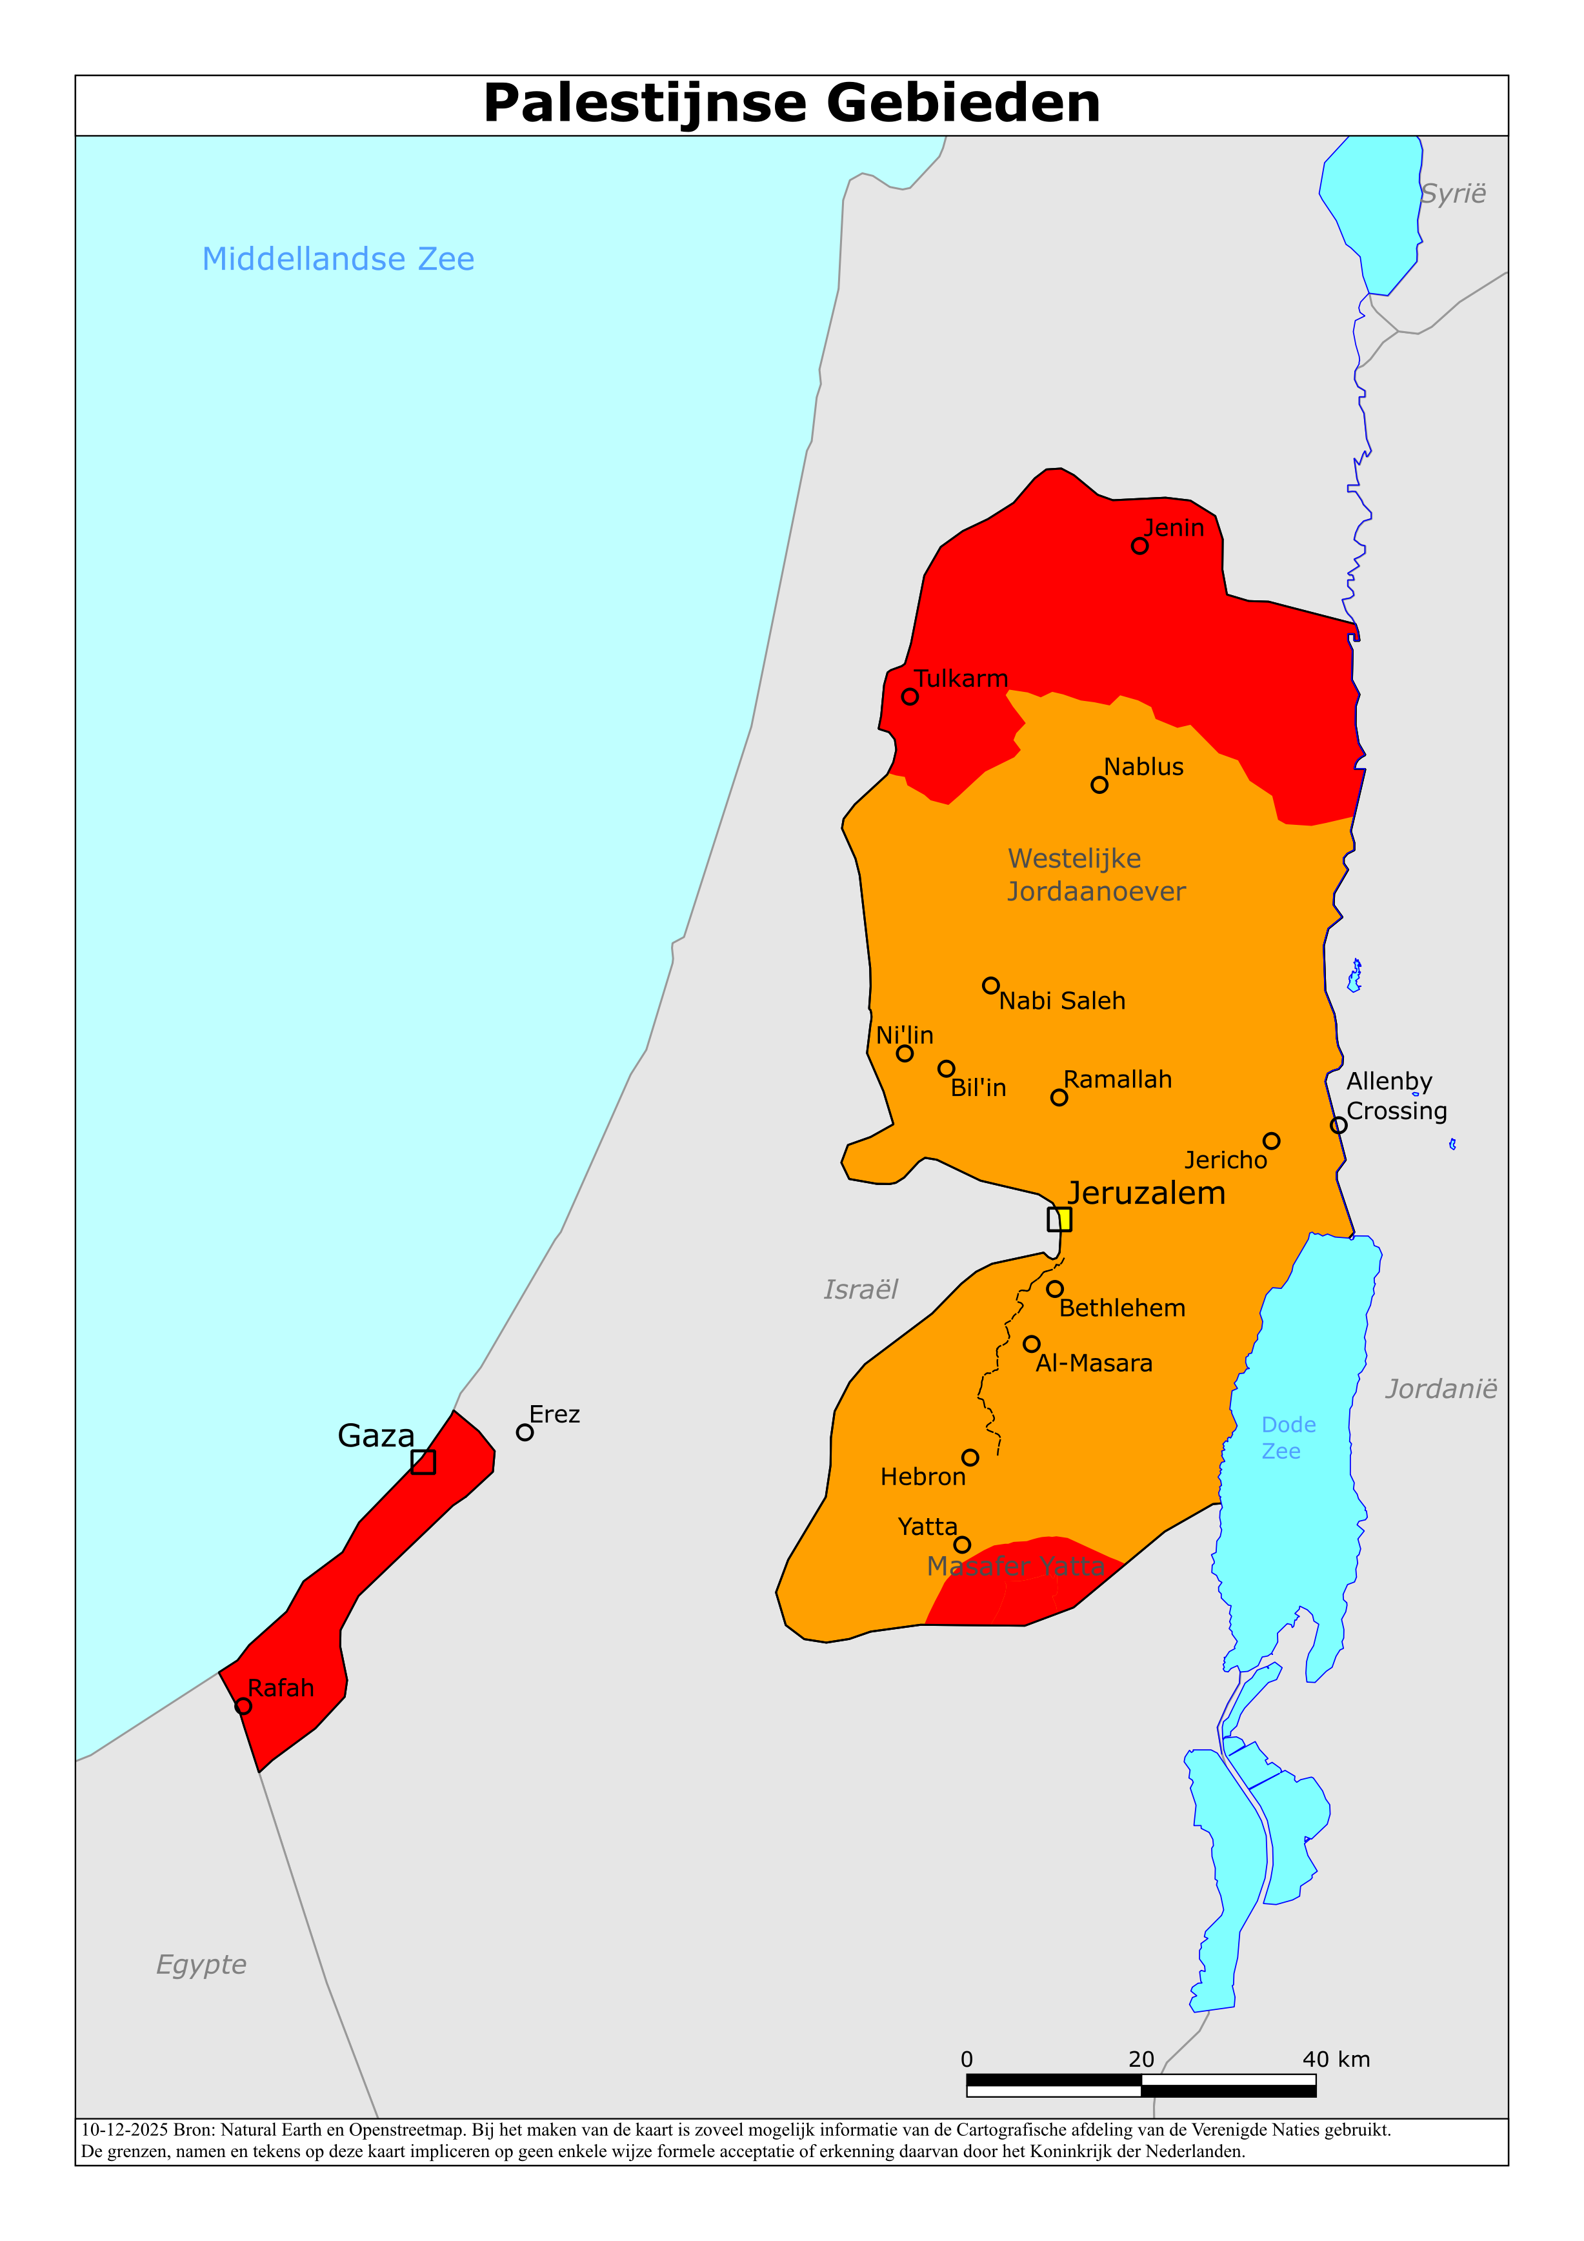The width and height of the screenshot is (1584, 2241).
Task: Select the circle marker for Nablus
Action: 1099,785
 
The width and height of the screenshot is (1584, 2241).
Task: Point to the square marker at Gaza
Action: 423,1461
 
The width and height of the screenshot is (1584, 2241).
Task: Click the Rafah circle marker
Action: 243,1706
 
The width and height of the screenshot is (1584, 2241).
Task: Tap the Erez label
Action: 554,1414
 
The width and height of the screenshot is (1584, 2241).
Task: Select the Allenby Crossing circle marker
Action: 1338,1126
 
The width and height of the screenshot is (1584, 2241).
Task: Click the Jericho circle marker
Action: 1270,1141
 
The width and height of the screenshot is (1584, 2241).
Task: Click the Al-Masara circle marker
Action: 1032,1344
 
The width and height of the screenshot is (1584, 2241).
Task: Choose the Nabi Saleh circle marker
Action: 990,986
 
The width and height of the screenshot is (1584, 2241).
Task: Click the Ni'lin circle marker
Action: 905,1053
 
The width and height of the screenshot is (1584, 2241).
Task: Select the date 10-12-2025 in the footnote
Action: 124,2130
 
